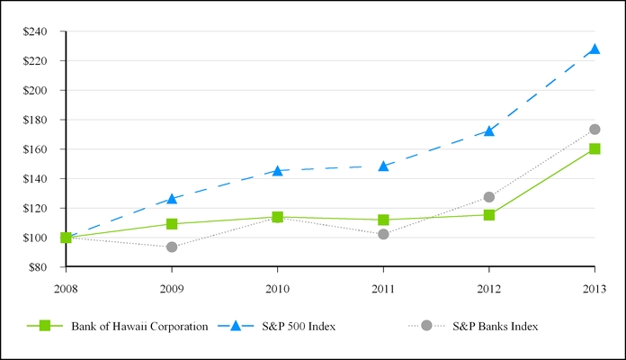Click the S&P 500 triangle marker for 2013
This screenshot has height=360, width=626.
pyautogui.click(x=595, y=49)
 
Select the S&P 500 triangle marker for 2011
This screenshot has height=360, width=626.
pyautogui.click(x=383, y=166)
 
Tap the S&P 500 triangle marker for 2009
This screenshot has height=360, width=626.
pyautogui.click(x=172, y=199)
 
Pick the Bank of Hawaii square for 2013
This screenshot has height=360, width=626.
pyautogui.click(x=595, y=148)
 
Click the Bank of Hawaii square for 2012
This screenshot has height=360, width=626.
pyautogui.click(x=489, y=215)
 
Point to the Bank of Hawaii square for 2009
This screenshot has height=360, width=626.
pyautogui.click(x=172, y=224)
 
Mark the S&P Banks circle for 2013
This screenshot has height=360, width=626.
pyautogui.click(x=595, y=130)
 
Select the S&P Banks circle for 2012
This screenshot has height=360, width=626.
pyautogui.click(x=489, y=197)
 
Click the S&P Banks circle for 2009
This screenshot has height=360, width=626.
pyautogui.click(x=172, y=247)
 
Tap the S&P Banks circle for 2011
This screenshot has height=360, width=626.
pyautogui.click(x=383, y=234)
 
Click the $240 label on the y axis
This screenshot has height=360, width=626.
pyautogui.click(x=35, y=31)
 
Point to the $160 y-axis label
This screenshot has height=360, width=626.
pyautogui.click(x=35, y=149)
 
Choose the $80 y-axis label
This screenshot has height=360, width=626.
pyautogui.click(x=38, y=267)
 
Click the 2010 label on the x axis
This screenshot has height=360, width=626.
pyautogui.click(x=277, y=289)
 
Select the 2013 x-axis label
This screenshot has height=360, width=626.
pyautogui.click(x=595, y=289)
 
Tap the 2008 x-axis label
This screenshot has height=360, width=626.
pyautogui.click(x=66, y=289)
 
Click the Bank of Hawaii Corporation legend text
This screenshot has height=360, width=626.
pyautogui.click(x=139, y=327)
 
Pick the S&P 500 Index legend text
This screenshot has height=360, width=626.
pyautogui.click(x=299, y=327)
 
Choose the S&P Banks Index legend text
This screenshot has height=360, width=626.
pyautogui.click(x=496, y=327)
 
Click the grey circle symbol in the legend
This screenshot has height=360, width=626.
pyautogui.click(x=426, y=326)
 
